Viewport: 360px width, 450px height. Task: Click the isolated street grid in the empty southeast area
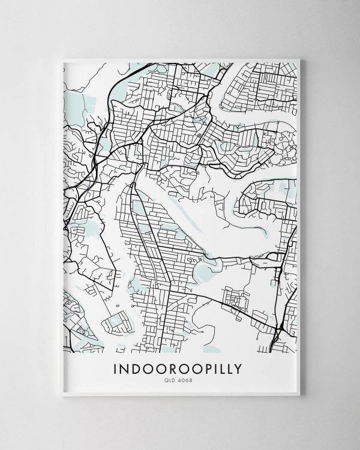[x=233, y=298]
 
